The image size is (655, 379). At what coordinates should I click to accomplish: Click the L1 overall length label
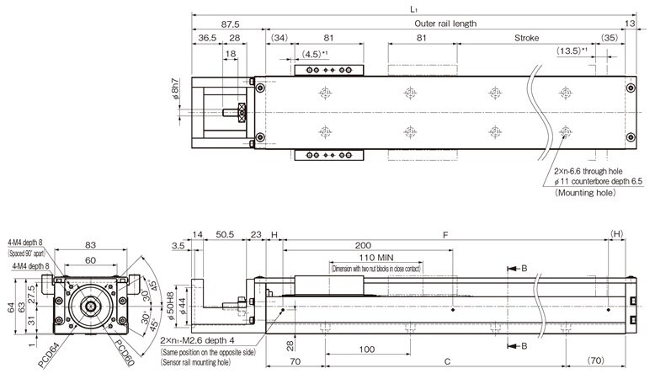(x=413, y=8)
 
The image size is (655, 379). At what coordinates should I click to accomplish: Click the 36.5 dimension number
(x=207, y=39)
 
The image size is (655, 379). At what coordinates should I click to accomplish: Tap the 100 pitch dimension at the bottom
(x=366, y=348)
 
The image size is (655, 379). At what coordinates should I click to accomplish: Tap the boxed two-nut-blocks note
(x=376, y=269)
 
